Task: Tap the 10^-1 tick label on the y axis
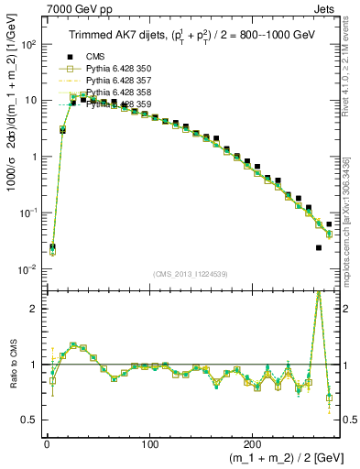click(25, 213)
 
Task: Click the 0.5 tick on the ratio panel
click(27, 420)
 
